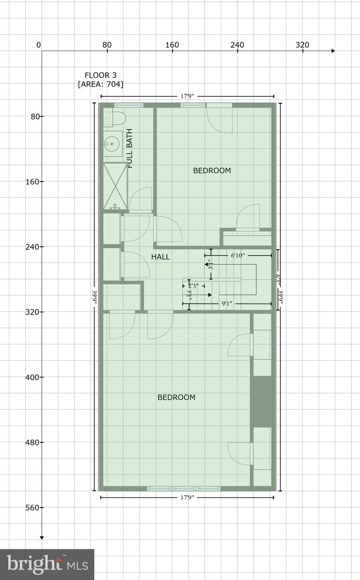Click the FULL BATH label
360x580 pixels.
130,148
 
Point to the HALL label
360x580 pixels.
160,257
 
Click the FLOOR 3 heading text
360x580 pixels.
100,75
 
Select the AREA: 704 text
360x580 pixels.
100,84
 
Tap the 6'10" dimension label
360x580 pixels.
238,256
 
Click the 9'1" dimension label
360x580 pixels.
227,304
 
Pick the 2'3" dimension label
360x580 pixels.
194,286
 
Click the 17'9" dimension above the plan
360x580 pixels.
187,96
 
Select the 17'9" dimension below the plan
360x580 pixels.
187,498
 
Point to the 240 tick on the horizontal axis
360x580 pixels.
237,45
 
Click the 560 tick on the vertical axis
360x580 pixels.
32,507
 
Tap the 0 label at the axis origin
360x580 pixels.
38,45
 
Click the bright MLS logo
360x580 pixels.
47,565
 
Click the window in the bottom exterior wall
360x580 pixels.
183,489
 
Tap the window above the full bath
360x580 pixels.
129,105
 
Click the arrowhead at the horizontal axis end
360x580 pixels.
333,51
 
